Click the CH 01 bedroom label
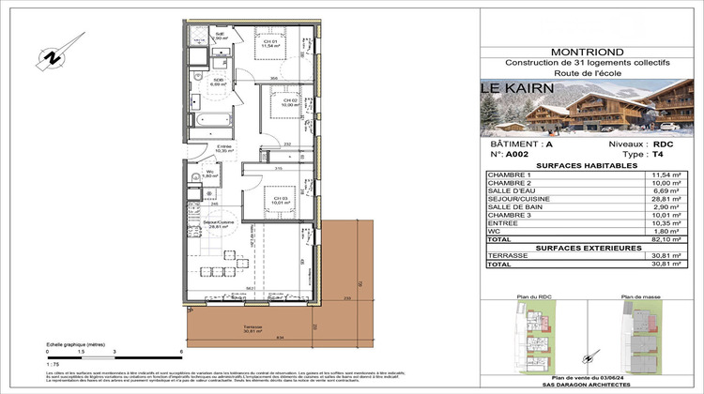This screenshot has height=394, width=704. point(269,43)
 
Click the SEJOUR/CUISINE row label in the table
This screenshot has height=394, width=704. point(519,201)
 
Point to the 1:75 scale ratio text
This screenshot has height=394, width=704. point(54,361)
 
